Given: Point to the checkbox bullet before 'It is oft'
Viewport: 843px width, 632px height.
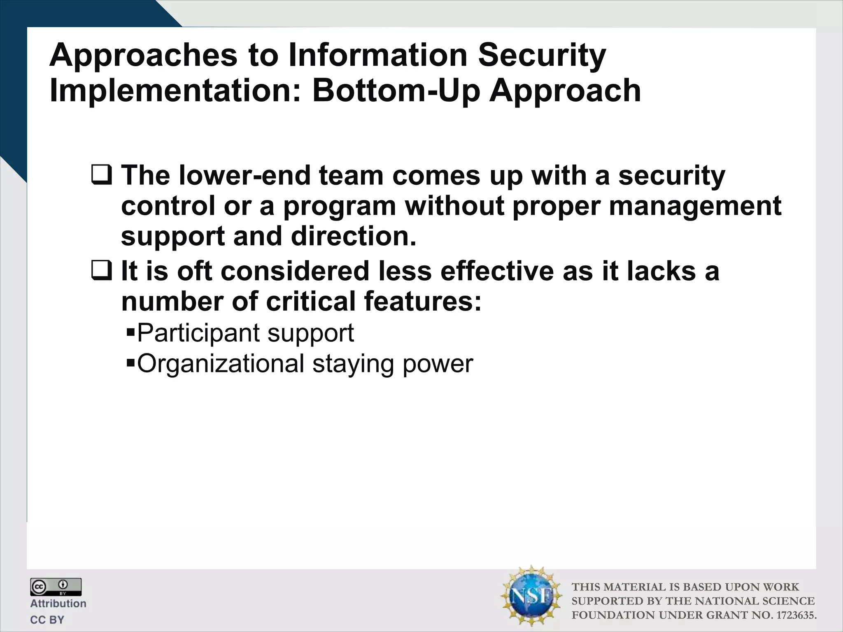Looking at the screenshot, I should click(x=101, y=272).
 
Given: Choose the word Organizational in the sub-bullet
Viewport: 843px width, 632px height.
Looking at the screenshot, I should click(x=220, y=364).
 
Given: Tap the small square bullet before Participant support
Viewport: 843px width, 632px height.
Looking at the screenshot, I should click(x=131, y=331).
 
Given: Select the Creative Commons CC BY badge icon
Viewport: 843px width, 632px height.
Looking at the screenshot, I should click(x=56, y=587).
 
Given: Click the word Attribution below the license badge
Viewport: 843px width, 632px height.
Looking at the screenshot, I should click(x=58, y=604).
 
